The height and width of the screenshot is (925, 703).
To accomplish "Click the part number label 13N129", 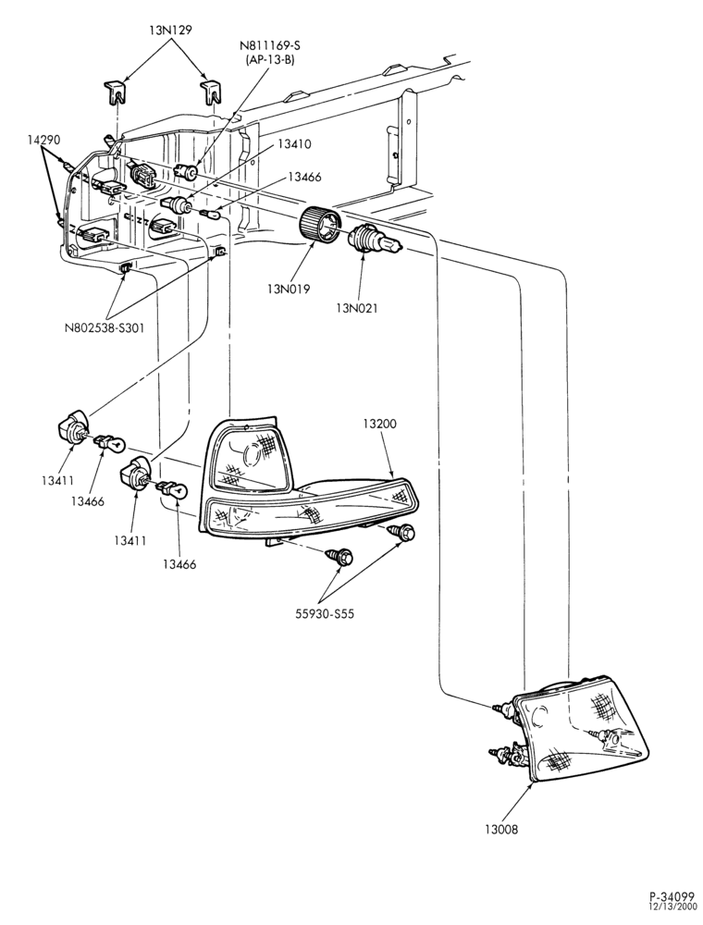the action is (x=171, y=31).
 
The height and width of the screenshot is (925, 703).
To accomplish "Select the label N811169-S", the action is (x=266, y=46).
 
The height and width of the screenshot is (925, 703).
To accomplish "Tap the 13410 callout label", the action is (x=295, y=144).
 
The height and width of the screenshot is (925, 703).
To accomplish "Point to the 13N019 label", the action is (x=289, y=289).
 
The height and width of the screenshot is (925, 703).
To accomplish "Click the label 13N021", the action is (x=357, y=307).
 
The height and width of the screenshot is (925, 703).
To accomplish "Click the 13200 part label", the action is (x=379, y=423).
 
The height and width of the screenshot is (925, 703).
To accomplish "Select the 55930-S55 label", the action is (x=325, y=613).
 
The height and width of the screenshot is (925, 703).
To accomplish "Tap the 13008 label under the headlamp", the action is (x=501, y=829).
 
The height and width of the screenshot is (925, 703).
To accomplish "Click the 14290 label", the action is (x=43, y=140).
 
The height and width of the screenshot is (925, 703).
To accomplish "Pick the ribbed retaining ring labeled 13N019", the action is (x=318, y=224).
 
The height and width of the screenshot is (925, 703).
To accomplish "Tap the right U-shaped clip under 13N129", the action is (x=211, y=92).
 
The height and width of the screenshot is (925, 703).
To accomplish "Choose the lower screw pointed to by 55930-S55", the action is (x=341, y=555).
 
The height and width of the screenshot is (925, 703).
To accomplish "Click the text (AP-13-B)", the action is (x=266, y=60).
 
